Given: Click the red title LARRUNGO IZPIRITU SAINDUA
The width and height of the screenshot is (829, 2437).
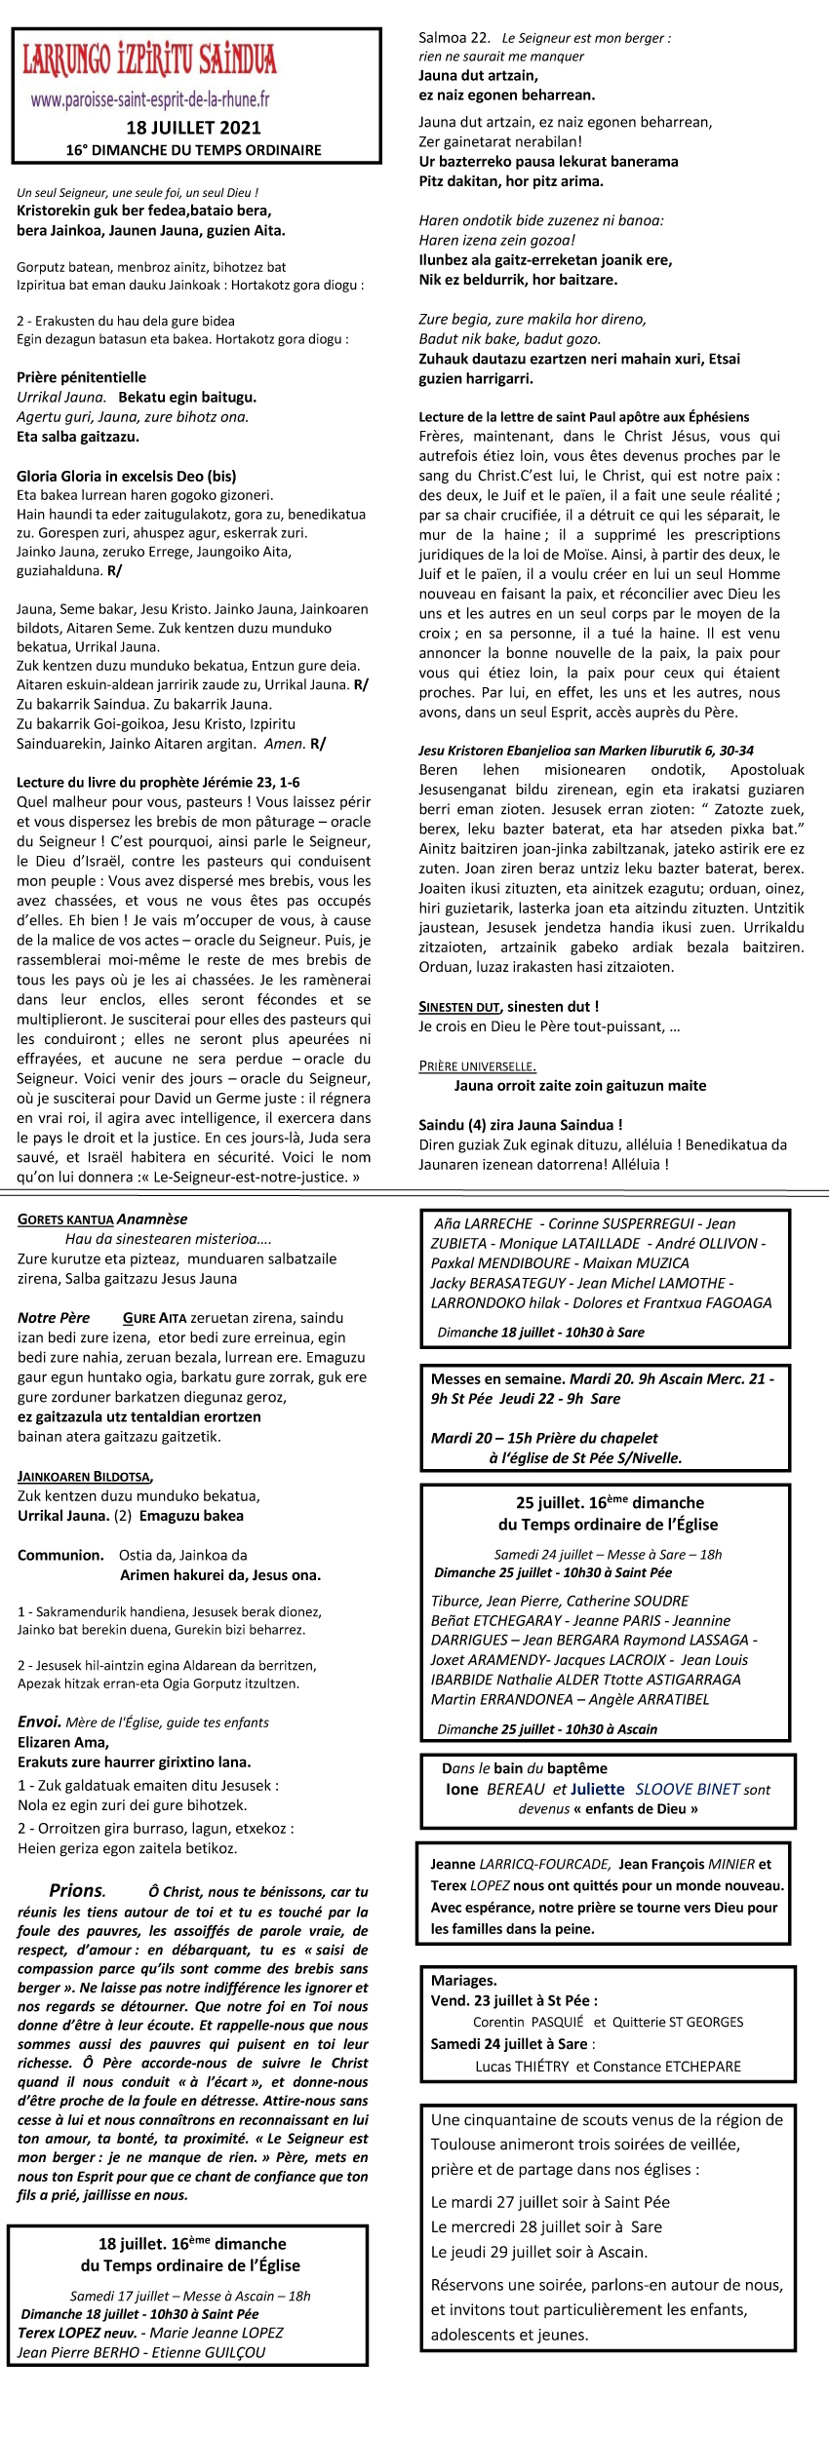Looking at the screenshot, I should click(x=149, y=59).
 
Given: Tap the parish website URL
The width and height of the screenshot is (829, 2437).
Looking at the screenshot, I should click(x=150, y=99).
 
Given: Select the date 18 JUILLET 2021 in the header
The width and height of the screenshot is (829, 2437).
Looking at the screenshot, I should click(x=193, y=128).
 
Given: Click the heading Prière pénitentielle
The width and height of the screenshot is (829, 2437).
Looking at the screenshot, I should click(x=81, y=377).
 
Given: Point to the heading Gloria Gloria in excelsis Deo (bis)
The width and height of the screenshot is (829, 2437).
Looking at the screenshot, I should click(x=126, y=477).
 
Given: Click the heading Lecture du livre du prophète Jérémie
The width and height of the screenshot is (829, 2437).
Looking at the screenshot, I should click(x=158, y=782).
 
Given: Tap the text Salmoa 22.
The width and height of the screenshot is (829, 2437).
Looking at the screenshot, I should click(x=454, y=38).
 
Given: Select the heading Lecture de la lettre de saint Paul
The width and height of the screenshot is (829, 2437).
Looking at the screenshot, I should click(x=584, y=417).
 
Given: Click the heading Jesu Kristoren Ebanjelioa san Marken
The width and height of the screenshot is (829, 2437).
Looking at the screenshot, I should click(x=585, y=751).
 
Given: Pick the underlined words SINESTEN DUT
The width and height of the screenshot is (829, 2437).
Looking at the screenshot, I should click(x=459, y=1006).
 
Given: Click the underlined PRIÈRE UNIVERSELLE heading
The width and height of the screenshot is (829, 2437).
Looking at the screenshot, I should click(x=477, y=1065).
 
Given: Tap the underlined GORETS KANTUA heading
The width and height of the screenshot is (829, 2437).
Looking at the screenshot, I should click(x=65, y=1219).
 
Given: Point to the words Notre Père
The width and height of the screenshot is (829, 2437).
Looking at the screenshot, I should click(x=54, y=1318).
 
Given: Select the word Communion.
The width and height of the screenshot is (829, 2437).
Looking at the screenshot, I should click(x=60, y=1555).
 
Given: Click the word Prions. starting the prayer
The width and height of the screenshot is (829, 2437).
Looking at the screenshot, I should click(x=77, y=1891).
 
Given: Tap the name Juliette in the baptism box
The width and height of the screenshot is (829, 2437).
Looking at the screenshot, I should click(x=597, y=1789).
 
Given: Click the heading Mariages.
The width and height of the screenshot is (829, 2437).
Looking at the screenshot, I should click(x=464, y=1981).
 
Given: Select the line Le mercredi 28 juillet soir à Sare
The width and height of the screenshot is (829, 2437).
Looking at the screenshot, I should click(x=546, y=2226).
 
